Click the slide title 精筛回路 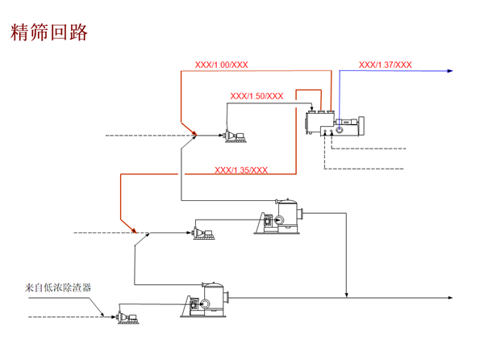pyautogui.click(x=48, y=32)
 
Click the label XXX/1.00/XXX pyautogui.click(x=221, y=65)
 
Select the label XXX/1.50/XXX pyautogui.click(x=257, y=96)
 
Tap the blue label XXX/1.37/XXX pyautogui.click(x=385, y=65)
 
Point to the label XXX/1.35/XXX pyautogui.click(x=241, y=170)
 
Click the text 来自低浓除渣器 pyautogui.click(x=58, y=287)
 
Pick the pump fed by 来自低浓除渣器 pyautogui.click(x=126, y=317)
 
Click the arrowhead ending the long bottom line pyautogui.click(x=449, y=299)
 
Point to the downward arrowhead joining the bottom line pyautogui.click(x=347, y=294)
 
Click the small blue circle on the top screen pyautogui.click(x=340, y=129)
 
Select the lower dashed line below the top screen pyautogui.click(x=363, y=170)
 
